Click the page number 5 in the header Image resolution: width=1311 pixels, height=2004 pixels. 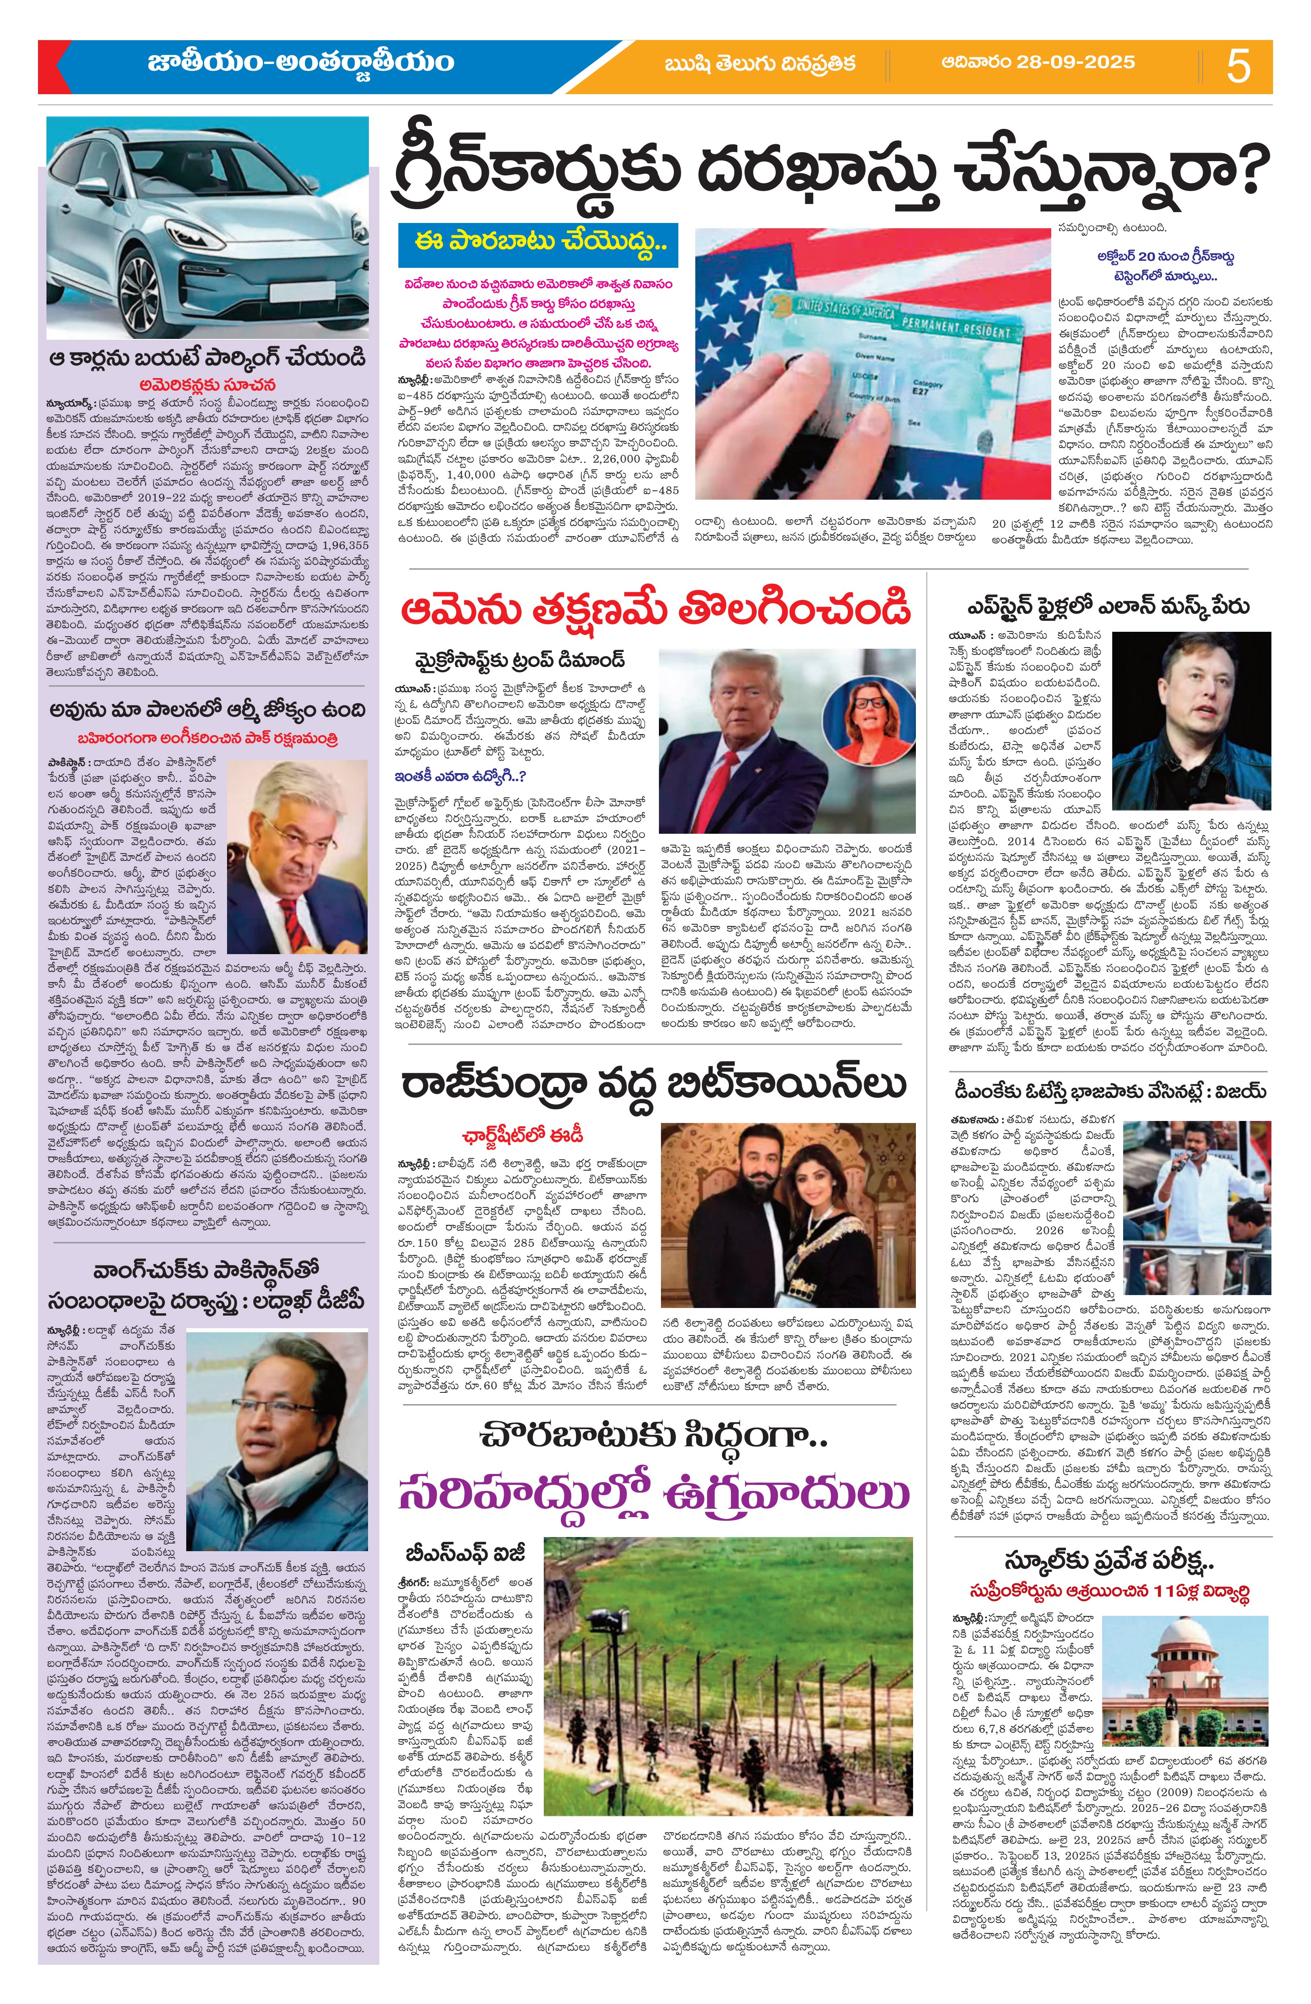[1239, 66]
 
